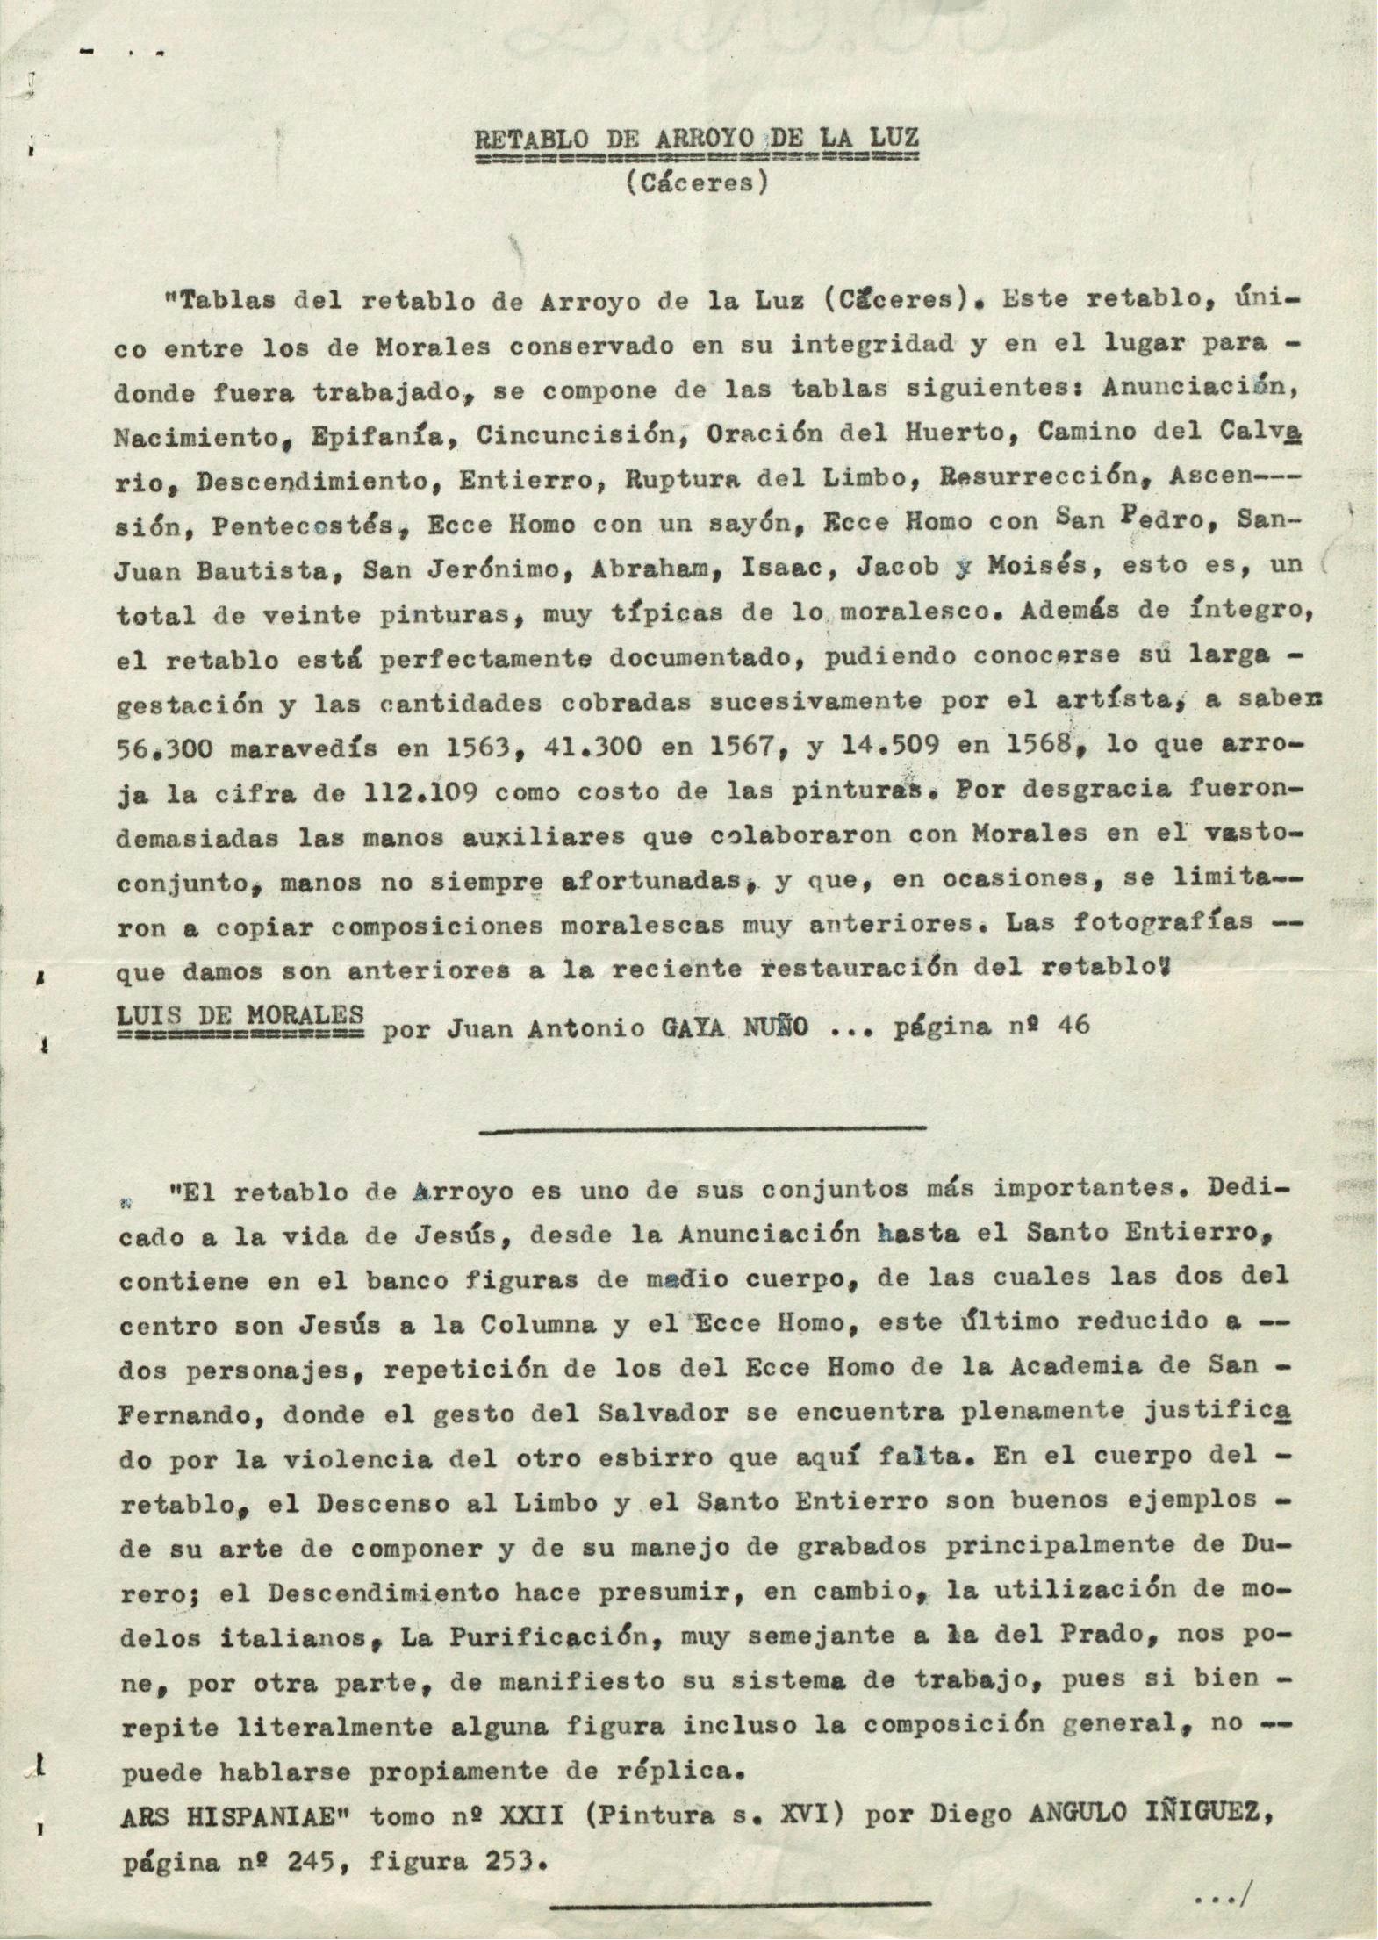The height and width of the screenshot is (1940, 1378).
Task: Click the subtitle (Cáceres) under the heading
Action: (697, 184)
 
